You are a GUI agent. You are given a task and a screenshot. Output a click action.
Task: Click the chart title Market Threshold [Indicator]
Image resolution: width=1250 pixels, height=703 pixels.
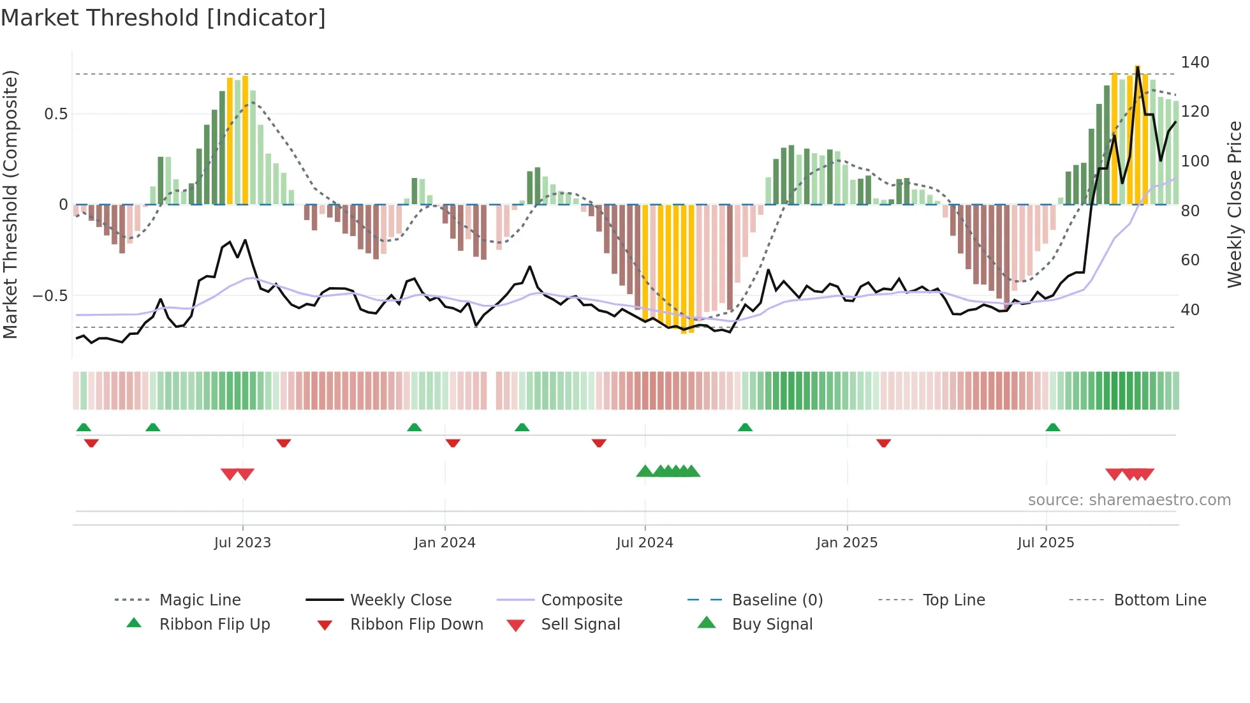pyautogui.click(x=163, y=18)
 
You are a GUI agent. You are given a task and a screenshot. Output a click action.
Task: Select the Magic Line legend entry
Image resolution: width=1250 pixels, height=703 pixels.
pyautogui.click(x=200, y=600)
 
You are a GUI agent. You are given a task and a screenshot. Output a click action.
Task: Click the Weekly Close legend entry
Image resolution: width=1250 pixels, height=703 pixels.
pyautogui.click(x=401, y=600)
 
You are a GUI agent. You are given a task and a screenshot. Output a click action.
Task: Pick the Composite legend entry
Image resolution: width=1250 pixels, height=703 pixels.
pyautogui.click(x=582, y=600)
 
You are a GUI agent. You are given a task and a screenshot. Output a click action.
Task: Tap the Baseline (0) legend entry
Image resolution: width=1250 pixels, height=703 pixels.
pyautogui.click(x=777, y=600)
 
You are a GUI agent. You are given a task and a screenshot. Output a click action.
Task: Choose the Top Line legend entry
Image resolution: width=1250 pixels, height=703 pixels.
pyautogui.click(x=953, y=600)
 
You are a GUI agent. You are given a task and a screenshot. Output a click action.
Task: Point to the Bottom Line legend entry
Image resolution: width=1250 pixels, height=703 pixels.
pyautogui.click(x=1159, y=600)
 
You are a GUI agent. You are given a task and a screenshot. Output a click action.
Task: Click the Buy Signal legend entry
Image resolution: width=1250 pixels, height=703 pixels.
pyautogui.click(x=772, y=625)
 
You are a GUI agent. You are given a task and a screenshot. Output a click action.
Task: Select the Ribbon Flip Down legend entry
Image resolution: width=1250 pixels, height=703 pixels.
pyautogui.click(x=416, y=625)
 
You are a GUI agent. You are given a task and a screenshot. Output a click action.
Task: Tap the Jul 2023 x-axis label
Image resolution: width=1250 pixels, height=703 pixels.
pyautogui.click(x=242, y=543)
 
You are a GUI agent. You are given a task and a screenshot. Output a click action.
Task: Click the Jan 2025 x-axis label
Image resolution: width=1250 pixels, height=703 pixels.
pyautogui.click(x=847, y=543)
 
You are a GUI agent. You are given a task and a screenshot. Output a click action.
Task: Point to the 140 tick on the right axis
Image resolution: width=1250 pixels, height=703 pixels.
pyautogui.click(x=1195, y=63)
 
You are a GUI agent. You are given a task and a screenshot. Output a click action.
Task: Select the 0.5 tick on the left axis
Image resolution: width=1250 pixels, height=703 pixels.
pyautogui.click(x=55, y=114)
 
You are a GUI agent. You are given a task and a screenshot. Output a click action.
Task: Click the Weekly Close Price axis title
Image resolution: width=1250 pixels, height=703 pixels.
pyautogui.click(x=1235, y=204)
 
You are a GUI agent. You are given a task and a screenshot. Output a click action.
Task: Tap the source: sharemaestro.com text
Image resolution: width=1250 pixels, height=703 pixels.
pyautogui.click(x=1129, y=500)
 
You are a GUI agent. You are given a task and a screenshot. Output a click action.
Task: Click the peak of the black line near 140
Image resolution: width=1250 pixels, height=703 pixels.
pyautogui.click(x=1137, y=67)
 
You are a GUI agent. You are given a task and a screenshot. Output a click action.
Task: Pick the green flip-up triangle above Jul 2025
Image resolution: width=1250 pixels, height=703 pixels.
pyautogui.click(x=1053, y=427)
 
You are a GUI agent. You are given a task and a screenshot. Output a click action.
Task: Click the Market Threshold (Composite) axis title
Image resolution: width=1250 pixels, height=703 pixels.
pyautogui.click(x=10, y=204)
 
